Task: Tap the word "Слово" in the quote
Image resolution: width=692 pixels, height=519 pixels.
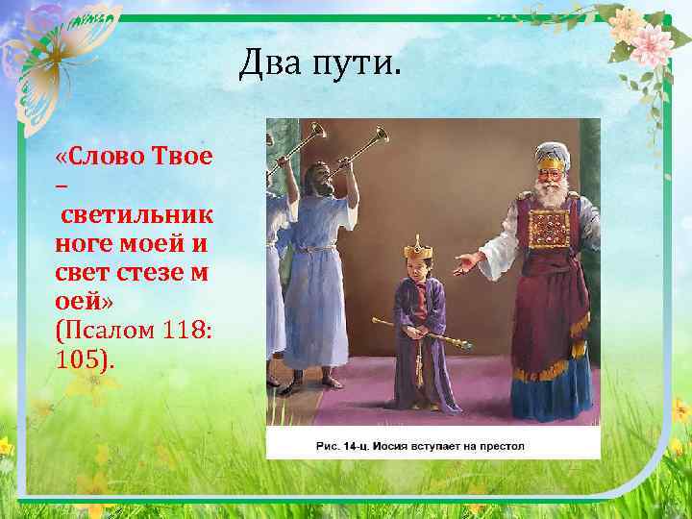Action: [103, 157]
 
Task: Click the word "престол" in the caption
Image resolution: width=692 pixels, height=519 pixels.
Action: [502, 447]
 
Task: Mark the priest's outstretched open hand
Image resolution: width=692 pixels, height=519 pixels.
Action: [467, 259]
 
